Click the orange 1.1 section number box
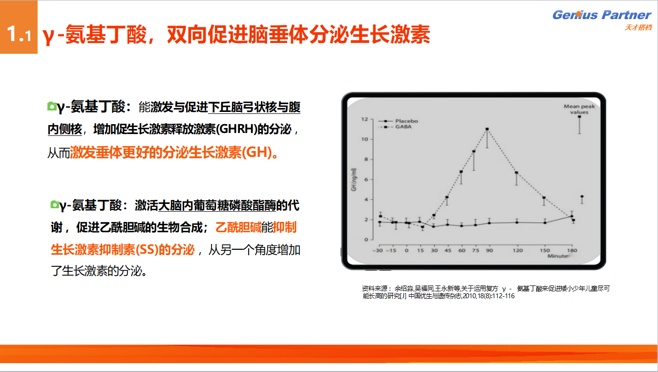(19, 27)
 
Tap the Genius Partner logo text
(602, 15)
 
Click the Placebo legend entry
(398, 121)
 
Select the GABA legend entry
(395, 127)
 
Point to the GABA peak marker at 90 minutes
(487, 129)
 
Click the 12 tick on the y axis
(364, 119)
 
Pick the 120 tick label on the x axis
(518, 250)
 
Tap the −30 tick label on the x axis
(378, 250)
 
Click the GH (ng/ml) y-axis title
(354, 179)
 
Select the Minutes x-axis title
(557, 256)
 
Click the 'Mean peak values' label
(579, 109)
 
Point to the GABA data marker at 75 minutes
(474, 152)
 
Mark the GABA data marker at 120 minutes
(516, 173)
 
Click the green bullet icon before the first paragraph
(52, 106)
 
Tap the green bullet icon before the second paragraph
(55, 204)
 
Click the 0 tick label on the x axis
(406, 250)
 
